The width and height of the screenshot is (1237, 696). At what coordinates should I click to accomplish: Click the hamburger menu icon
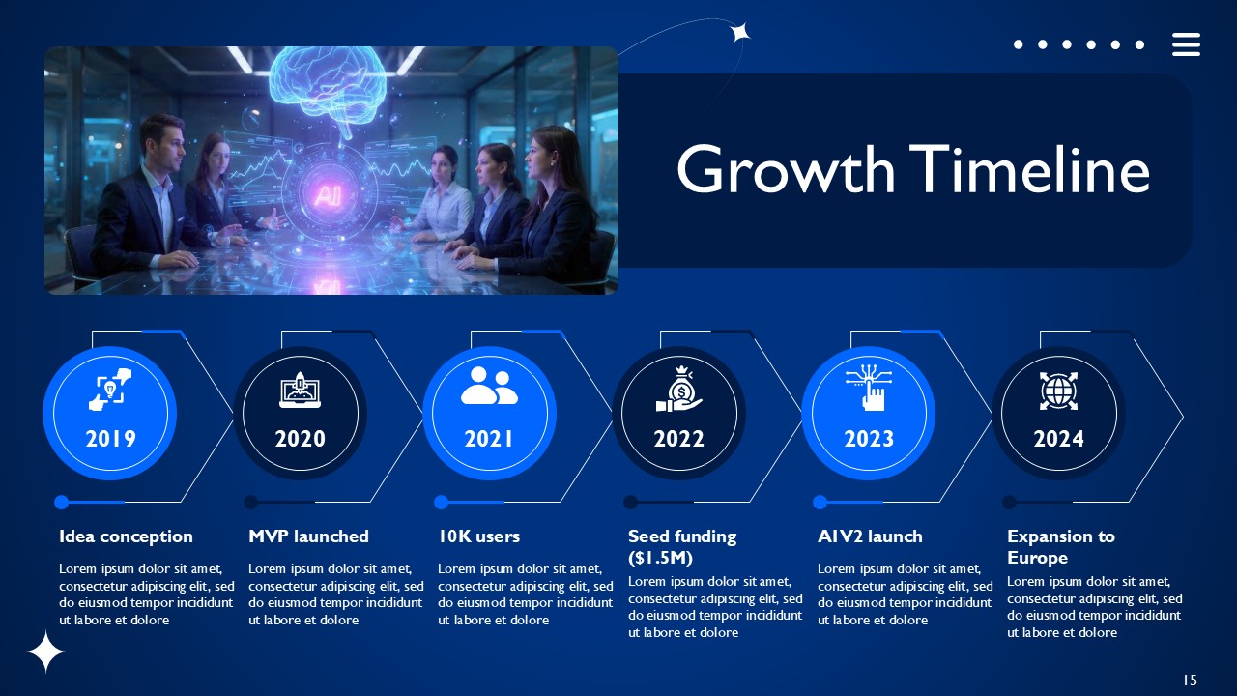1186,44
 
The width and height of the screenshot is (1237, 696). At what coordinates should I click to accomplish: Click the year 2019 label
110,439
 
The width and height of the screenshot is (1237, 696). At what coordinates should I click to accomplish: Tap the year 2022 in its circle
678,439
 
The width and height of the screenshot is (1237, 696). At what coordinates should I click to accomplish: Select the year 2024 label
1058,439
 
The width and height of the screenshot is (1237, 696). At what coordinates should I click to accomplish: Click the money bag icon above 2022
679,389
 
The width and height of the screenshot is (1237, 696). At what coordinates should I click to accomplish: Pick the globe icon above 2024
1058,391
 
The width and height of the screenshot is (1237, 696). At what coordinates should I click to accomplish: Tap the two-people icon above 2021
489,386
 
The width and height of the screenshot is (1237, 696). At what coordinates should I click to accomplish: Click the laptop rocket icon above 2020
300,390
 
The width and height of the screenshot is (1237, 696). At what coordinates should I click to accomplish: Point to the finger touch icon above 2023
869,387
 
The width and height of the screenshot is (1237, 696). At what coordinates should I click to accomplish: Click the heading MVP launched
308,536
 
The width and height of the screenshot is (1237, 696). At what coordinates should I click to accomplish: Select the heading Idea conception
126,536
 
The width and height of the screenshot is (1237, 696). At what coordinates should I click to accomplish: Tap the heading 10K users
478,536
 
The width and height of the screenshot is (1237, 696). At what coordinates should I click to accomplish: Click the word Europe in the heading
1037,558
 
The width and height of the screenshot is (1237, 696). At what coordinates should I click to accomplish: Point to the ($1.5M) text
660,558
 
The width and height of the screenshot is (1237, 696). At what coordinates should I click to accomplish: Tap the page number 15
1190,680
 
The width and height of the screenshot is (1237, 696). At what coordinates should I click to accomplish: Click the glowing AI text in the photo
328,195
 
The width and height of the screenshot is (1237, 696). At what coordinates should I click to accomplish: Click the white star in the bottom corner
45,652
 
